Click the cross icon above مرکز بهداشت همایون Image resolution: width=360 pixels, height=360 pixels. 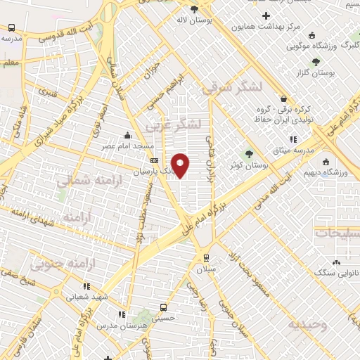coord(265,15)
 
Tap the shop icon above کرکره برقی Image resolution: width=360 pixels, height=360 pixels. coord(283,99)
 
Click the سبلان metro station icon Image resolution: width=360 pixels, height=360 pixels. coord(206,257)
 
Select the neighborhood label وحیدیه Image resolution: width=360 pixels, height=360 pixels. coord(307,325)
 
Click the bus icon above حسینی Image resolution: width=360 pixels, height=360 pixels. coord(163,307)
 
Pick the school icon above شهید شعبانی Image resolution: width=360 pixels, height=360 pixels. coord(86,286)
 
